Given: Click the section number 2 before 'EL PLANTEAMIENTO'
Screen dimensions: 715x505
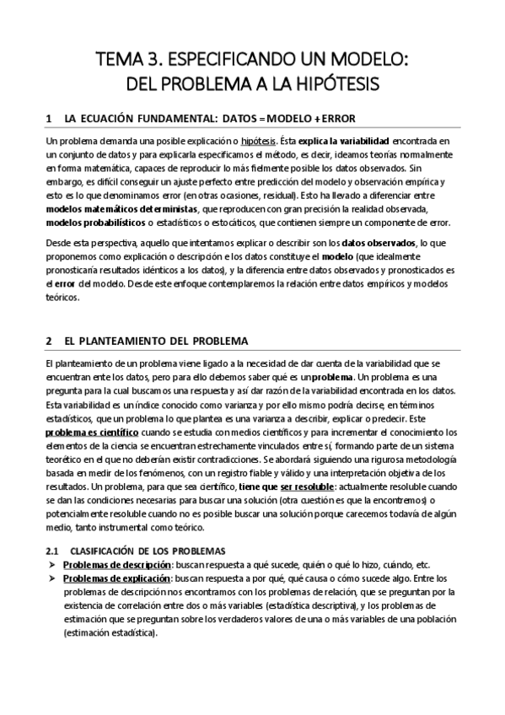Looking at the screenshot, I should [x=50, y=341].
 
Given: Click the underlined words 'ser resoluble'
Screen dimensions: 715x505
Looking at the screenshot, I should [x=288, y=487].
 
